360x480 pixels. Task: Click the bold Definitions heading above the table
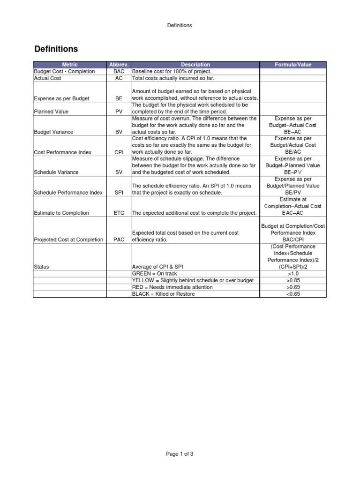coord(56,49)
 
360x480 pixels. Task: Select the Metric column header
coord(70,65)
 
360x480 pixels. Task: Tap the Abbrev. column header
coord(119,65)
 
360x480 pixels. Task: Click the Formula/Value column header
coord(293,65)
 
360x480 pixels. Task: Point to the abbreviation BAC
coord(119,71)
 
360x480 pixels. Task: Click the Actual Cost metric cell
coord(48,78)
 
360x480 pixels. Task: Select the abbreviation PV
coord(119,112)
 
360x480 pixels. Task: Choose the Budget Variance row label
coord(53,132)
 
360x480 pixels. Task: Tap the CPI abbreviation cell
coord(119,152)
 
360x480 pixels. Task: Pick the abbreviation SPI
coord(119,193)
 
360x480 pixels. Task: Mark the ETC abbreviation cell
coord(119,213)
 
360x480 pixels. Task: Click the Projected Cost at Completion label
coord(68,240)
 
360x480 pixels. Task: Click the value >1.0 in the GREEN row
coord(293,273)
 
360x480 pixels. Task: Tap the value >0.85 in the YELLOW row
coord(293,280)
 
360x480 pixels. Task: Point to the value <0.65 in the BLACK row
coord(293,294)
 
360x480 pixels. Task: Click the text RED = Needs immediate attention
coord(172,287)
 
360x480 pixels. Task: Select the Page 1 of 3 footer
coord(180,454)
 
